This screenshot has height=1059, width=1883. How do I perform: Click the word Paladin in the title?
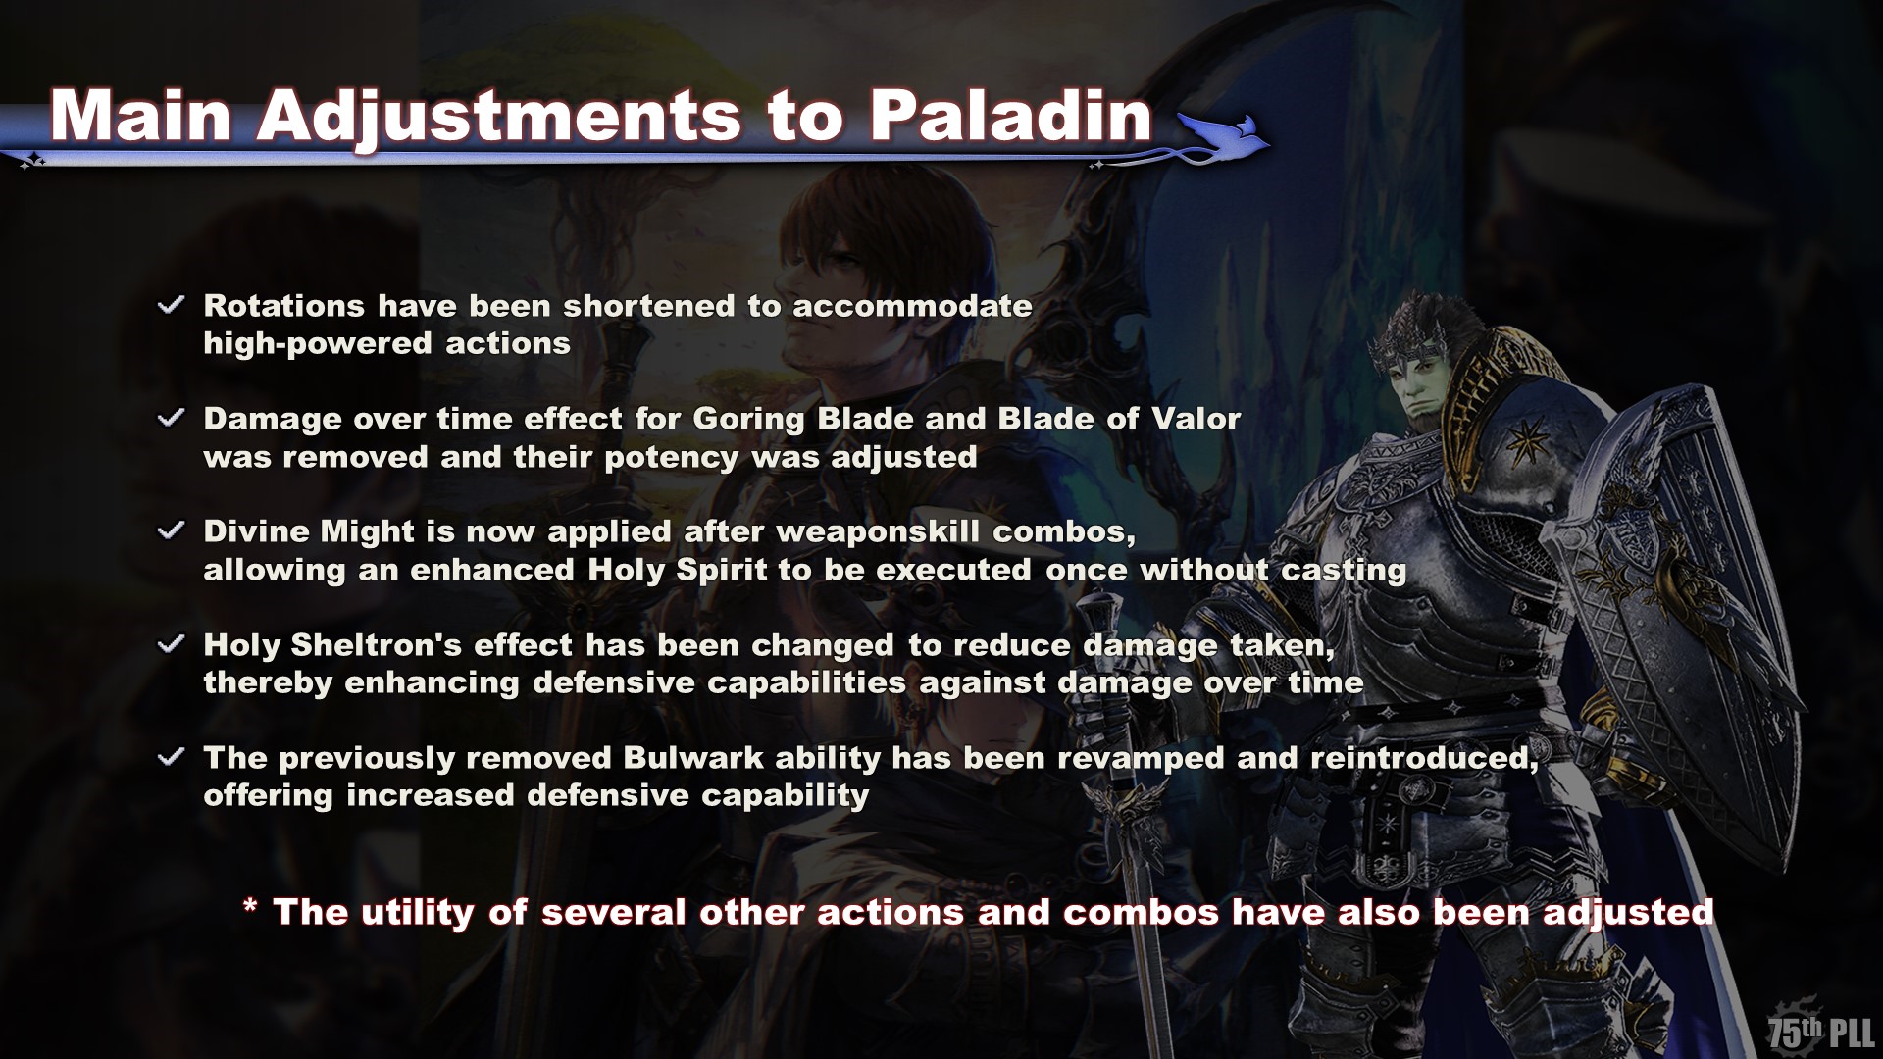pos(1010,117)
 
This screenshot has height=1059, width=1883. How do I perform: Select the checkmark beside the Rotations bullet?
pos(171,305)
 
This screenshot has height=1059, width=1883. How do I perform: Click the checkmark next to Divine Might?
pos(171,530)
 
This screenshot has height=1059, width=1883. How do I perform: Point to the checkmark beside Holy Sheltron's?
pos(171,644)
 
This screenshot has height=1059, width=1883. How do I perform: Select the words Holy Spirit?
pos(677,572)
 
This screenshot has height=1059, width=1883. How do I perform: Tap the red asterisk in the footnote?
pos(250,907)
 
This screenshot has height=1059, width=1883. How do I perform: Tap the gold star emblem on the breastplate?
pos(1521,438)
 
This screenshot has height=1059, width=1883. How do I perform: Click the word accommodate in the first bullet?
pos(912,306)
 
